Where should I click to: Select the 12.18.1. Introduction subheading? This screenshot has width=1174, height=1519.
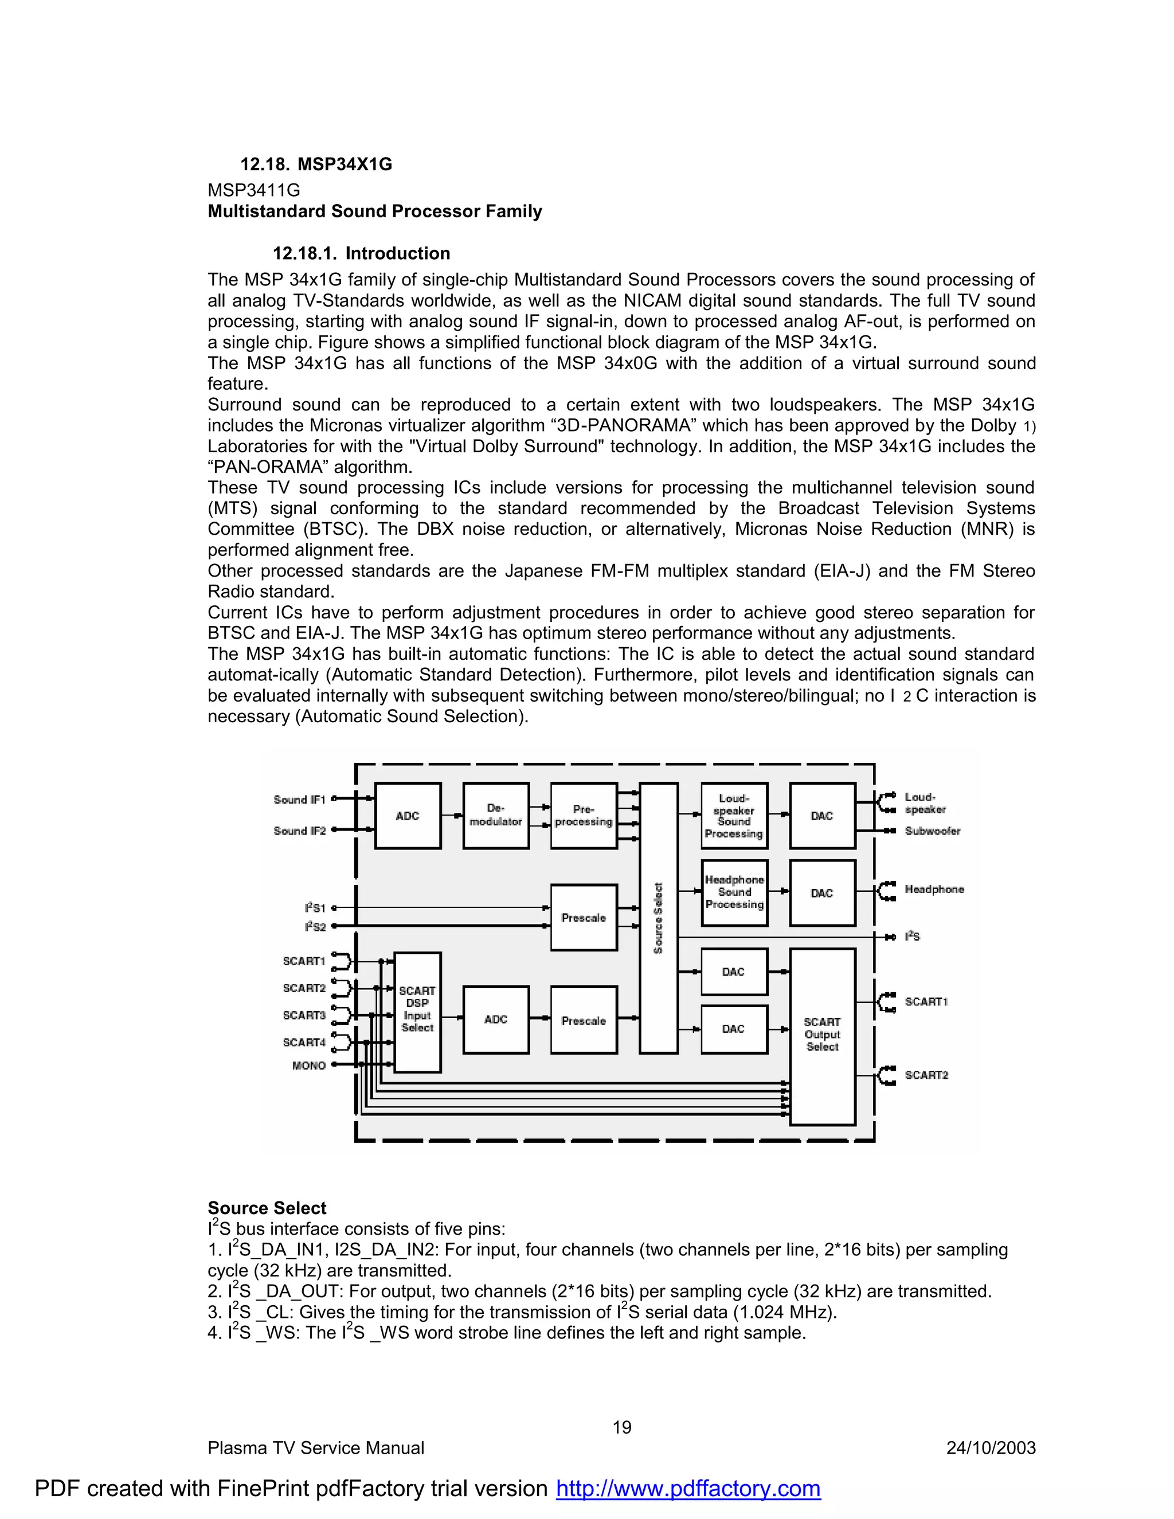pos(361,253)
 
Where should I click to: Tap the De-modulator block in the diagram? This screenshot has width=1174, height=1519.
pos(495,815)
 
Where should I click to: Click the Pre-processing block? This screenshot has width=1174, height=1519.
pos(584,815)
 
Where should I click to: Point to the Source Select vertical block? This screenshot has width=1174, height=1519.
pos(658,918)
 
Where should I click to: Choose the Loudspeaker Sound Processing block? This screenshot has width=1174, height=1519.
pos(734,815)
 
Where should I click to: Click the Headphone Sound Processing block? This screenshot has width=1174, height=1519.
pos(734,892)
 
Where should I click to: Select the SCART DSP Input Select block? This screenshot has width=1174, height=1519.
pos(417,1011)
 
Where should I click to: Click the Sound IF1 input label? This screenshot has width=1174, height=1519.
pos(300,800)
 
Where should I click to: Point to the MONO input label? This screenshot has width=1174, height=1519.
pos(309,1065)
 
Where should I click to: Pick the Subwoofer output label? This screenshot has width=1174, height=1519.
pos(932,831)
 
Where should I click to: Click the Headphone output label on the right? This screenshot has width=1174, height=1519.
pos(934,890)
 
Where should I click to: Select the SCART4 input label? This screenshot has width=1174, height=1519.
pos(304,1042)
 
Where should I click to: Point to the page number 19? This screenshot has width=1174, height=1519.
pos(622,1427)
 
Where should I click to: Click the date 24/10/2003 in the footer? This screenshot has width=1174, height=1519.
pos(991,1448)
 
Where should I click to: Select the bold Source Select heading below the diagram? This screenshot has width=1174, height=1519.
pos(267,1208)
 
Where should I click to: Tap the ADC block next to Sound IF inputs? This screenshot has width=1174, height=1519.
pos(408,815)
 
